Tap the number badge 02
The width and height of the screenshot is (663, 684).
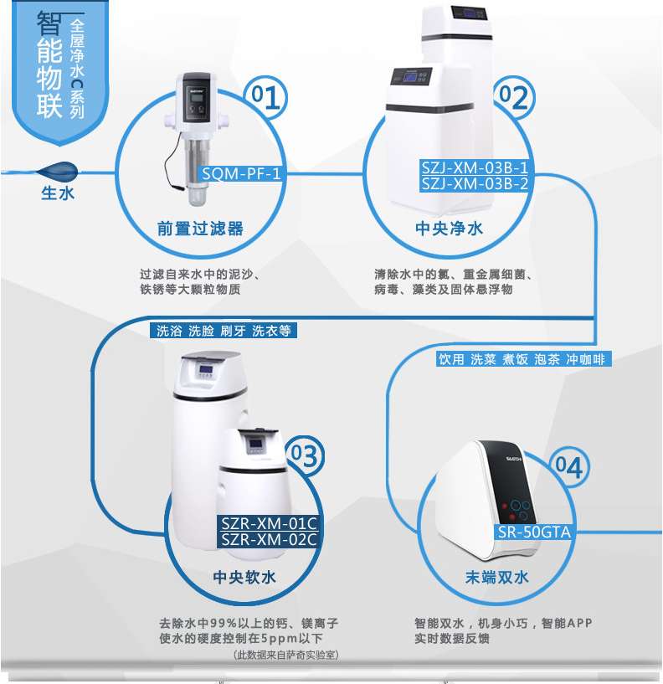click(513, 97)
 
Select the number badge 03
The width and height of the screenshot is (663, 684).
click(305, 455)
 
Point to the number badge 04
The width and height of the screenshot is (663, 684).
click(569, 467)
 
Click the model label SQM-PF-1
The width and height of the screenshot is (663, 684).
click(241, 173)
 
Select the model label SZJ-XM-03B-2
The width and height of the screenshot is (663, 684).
click(475, 183)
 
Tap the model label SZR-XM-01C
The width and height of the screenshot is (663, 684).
click(268, 523)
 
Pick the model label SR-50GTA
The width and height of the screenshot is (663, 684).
click(534, 532)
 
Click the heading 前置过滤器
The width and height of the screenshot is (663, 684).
click(200, 229)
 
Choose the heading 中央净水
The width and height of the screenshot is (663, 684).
click(450, 229)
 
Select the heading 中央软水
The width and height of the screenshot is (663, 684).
click(244, 577)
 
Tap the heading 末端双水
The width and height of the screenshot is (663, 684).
click(496, 577)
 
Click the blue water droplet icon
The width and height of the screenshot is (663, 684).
click(58, 172)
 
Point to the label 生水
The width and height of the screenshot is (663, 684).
click(58, 193)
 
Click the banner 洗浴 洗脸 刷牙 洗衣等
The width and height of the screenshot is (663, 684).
click(224, 330)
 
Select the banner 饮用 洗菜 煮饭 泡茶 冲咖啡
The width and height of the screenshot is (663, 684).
click(523, 358)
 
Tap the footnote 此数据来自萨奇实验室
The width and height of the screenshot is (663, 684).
click(286, 655)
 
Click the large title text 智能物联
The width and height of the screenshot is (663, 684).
click(49, 64)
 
